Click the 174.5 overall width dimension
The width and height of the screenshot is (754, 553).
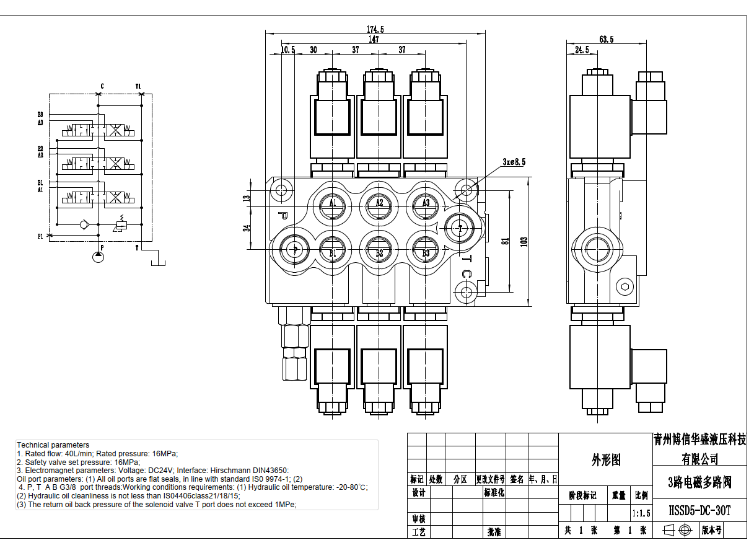point(375,29)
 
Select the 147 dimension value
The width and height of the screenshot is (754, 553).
point(374,40)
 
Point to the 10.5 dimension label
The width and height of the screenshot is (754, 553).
point(287,50)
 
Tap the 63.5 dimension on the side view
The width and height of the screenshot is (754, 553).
point(606,40)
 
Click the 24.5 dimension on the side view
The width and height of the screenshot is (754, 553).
point(582,50)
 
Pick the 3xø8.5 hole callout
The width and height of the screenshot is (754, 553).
point(514,162)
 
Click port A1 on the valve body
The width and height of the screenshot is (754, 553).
point(333,203)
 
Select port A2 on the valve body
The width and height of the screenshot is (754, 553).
point(379,203)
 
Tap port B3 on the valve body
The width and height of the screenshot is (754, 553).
point(426,252)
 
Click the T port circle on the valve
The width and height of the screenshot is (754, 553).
point(460,228)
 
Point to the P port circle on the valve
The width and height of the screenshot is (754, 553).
point(294,249)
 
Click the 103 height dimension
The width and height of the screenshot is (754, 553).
point(524,242)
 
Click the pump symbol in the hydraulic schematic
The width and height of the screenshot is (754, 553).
point(98,256)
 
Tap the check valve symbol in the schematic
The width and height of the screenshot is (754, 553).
point(85,224)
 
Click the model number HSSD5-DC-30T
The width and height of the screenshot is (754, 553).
point(699,511)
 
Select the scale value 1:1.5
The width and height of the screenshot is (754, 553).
point(641,513)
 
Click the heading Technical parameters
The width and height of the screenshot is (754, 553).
point(53,445)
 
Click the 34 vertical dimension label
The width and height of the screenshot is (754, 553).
point(247,228)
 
